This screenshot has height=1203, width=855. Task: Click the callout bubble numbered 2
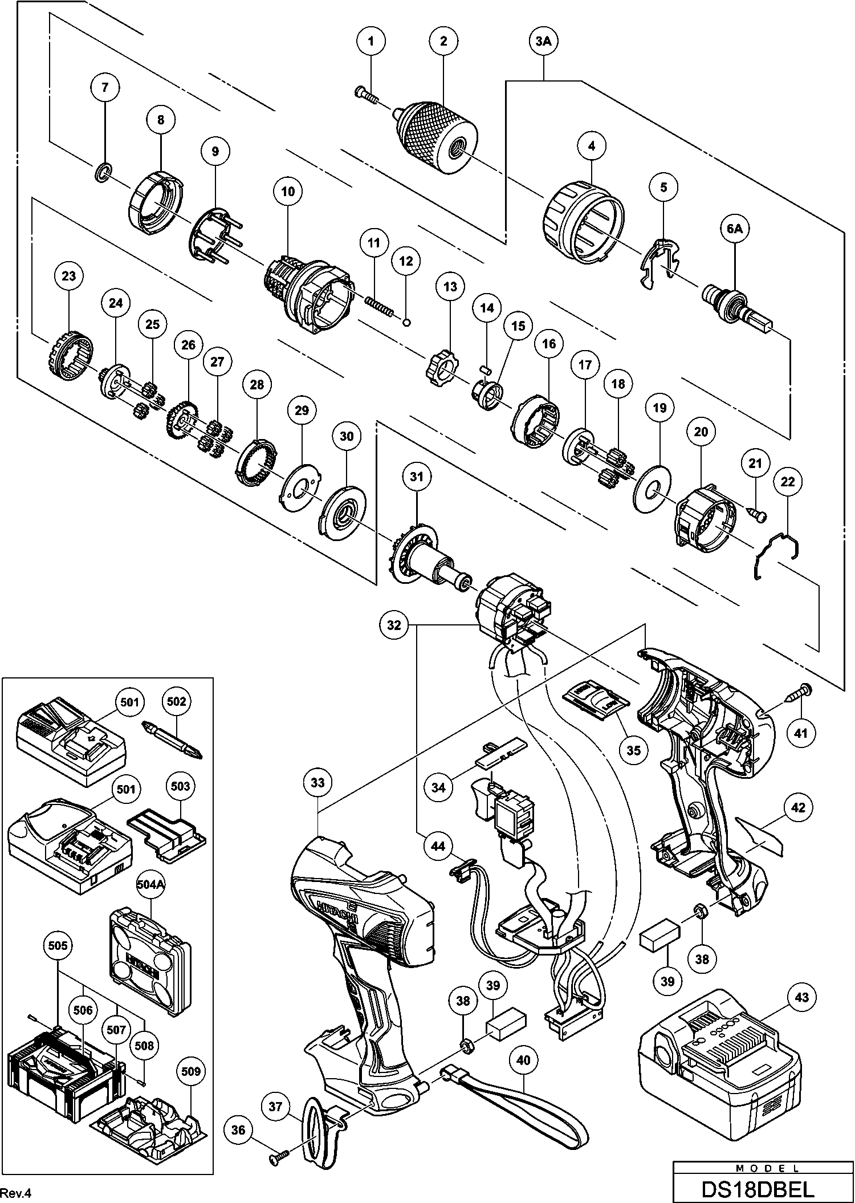444,40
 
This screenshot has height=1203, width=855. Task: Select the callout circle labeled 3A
543,40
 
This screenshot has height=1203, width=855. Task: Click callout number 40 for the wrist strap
523,1060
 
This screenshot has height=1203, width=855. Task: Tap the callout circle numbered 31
417,476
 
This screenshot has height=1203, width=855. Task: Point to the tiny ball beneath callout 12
406,322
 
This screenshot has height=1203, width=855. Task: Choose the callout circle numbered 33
317,783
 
